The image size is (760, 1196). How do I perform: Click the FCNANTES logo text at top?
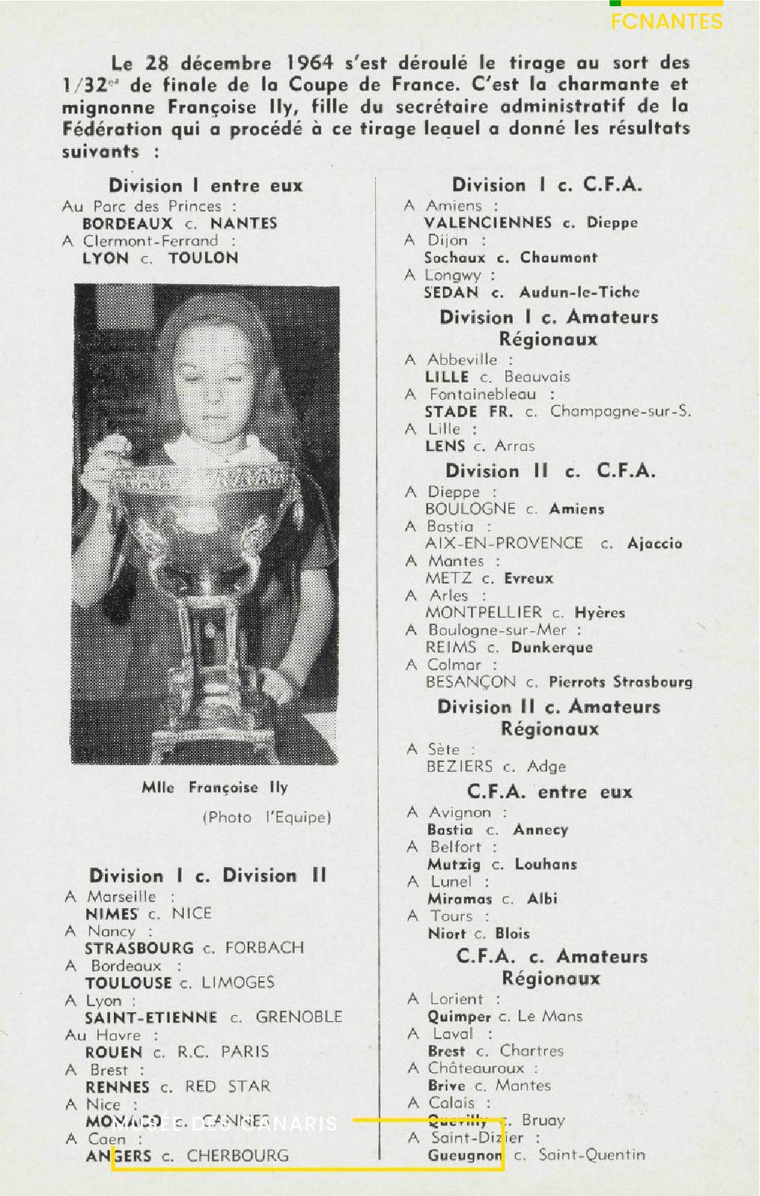[x=667, y=21]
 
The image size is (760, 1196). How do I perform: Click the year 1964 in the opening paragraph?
[x=309, y=62]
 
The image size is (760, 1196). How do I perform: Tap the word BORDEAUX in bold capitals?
[x=128, y=223]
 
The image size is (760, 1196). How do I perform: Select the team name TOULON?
[x=204, y=258]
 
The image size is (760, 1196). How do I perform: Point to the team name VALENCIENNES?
[x=488, y=223]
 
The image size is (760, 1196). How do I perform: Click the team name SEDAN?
[x=451, y=293]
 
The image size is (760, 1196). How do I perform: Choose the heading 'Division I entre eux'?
[x=205, y=186]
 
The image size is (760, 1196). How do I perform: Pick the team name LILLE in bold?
[x=447, y=377]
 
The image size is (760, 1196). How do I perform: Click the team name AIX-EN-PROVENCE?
[x=504, y=543]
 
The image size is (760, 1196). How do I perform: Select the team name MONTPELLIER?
[x=484, y=612]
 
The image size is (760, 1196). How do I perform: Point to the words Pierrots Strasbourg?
[x=621, y=682]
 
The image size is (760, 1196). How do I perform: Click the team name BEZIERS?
[x=460, y=767]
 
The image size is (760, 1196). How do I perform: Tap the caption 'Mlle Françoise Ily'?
[x=215, y=787]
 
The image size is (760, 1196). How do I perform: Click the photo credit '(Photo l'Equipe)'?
[x=267, y=818]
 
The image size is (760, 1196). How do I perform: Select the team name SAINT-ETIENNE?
[x=151, y=1017]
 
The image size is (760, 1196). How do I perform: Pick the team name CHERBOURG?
[x=238, y=1156]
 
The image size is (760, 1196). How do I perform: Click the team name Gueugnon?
[x=465, y=1156]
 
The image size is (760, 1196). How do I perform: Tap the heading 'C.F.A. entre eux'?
[x=549, y=793]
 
